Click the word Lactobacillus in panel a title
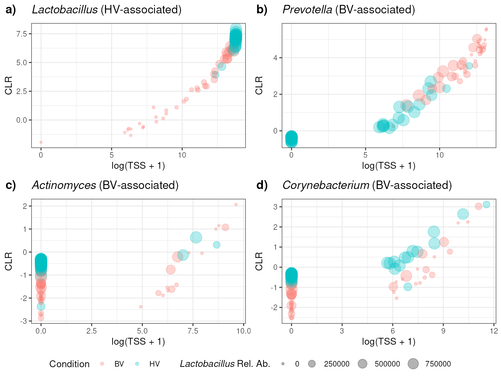pyautogui.click(x=65, y=10)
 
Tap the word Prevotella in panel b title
pyautogui.click(x=307, y=10)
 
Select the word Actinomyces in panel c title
pyautogui.click(x=64, y=185)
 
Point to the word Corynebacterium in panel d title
pyautogui.click(x=326, y=185)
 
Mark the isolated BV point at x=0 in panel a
pyautogui.click(x=41, y=142)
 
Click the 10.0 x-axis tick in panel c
pyautogui.click(x=243, y=331)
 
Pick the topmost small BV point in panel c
pyautogui.click(x=236, y=205)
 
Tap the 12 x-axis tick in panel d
pyautogui.click(x=494, y=331)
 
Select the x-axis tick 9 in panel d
pyautogui.click(x=443, y=331)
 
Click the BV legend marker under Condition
pyautogui.click(x=102, y=364)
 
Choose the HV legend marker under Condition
pyautogui.click(x=137, y=364)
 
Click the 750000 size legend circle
pyautogui.click(x=413, y=364)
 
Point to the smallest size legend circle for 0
pyautogui.click(x=283, y=364)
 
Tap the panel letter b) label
pyautogui.click(x=262, y=10)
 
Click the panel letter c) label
pyautogui.click(x=11, y=185)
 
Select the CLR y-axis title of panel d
pyautogui.click(x=259, y=261)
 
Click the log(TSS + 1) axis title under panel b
pyautogui.click(x=388, y=166)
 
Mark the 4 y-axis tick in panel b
pyautogui.click(x=275, y=58)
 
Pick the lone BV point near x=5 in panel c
pyautogui.click(x=141, y=307)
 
